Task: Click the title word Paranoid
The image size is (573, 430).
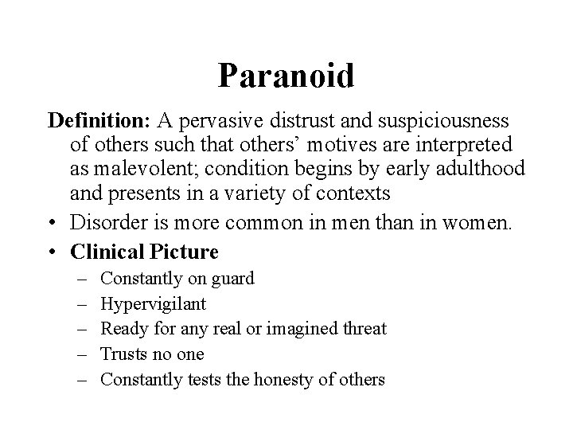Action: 286,76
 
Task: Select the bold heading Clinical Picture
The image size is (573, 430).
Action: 144,252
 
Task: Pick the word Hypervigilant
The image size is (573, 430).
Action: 154,304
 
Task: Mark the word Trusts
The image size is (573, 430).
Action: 125,354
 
